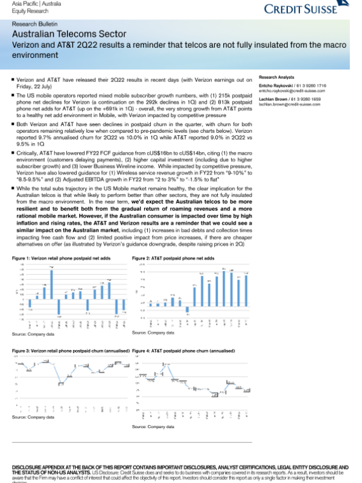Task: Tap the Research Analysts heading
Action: point(276,78)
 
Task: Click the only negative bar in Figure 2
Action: point(187,310)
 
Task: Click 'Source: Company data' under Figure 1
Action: point(33,334)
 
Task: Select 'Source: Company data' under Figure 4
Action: point(153,426)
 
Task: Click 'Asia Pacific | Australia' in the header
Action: point(28,4)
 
